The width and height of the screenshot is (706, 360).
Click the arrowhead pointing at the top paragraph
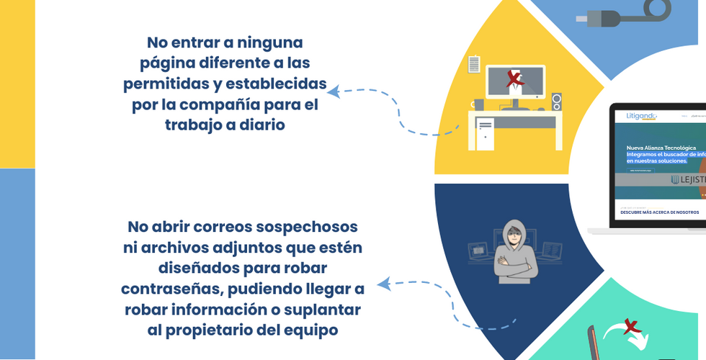pos(334,91)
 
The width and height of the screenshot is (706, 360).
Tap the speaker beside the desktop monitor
pos(557,102)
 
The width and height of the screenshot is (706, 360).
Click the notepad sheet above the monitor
pos(474,64)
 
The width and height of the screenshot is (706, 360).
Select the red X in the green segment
pos(633,328)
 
